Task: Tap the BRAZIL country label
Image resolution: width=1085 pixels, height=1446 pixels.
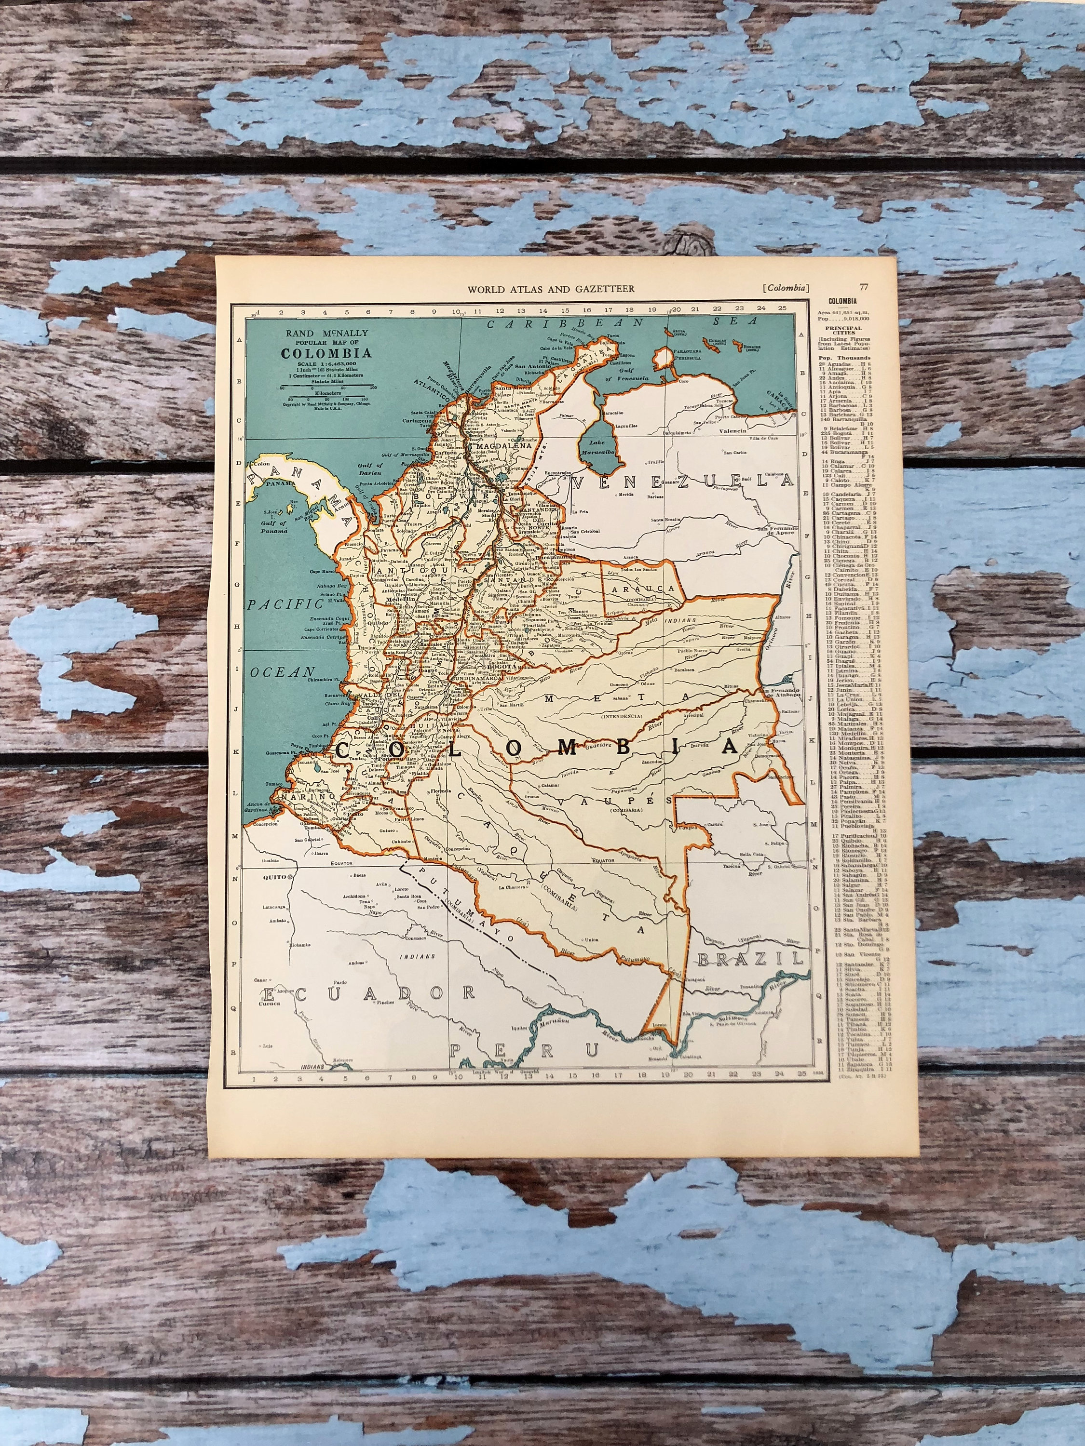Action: (x=749, y=959)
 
